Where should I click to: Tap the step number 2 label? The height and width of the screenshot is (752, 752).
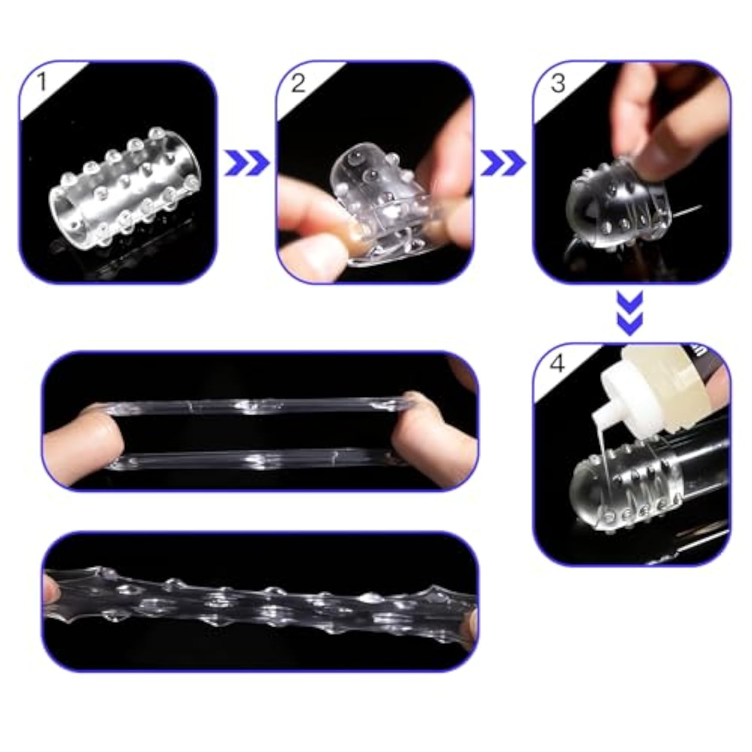(298, 82)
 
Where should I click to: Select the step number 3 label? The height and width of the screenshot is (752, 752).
(557, 82)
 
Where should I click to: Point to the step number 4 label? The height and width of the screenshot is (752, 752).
(557, 363)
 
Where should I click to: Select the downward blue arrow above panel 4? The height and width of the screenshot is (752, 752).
(630, 314)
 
